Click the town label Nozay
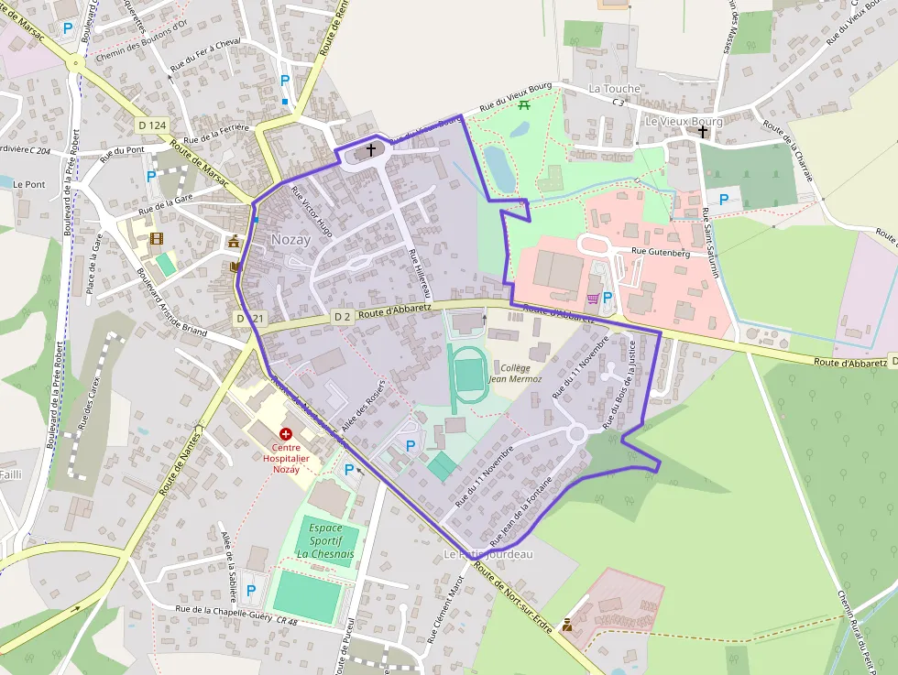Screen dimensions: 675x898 [290, 240]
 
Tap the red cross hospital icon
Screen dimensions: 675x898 [286, 432]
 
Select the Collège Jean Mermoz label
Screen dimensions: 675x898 [514, 373]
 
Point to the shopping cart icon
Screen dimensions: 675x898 [593, 298]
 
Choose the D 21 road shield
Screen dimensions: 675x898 [249, 318]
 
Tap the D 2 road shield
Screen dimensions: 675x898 [342, 317]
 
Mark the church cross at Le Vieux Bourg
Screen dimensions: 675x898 [703, 132]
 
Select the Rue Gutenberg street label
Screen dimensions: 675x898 [660, 253]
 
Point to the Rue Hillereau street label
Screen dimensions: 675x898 [418, 272]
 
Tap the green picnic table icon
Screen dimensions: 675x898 [524, 105]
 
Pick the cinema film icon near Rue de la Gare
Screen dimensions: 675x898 [157, 239]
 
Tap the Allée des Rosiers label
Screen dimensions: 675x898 [362, 406]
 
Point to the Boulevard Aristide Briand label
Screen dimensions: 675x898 [171, 301]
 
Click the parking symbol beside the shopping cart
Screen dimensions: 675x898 [607, 298]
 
